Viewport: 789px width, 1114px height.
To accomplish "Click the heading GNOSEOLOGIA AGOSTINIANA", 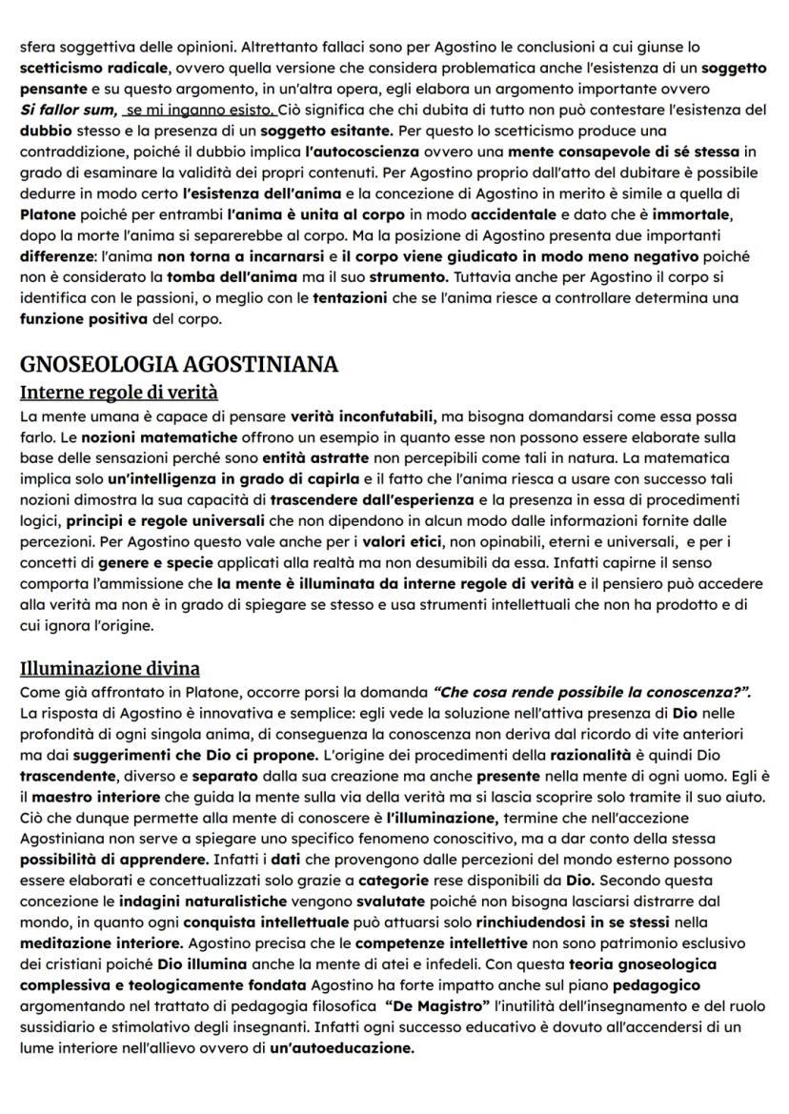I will [179, 365].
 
